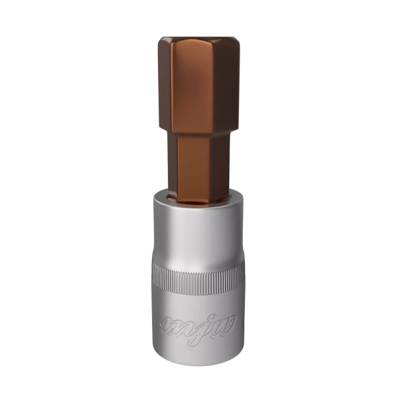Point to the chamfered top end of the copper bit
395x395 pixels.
coord(197,41)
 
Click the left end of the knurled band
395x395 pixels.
coord(155,277)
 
